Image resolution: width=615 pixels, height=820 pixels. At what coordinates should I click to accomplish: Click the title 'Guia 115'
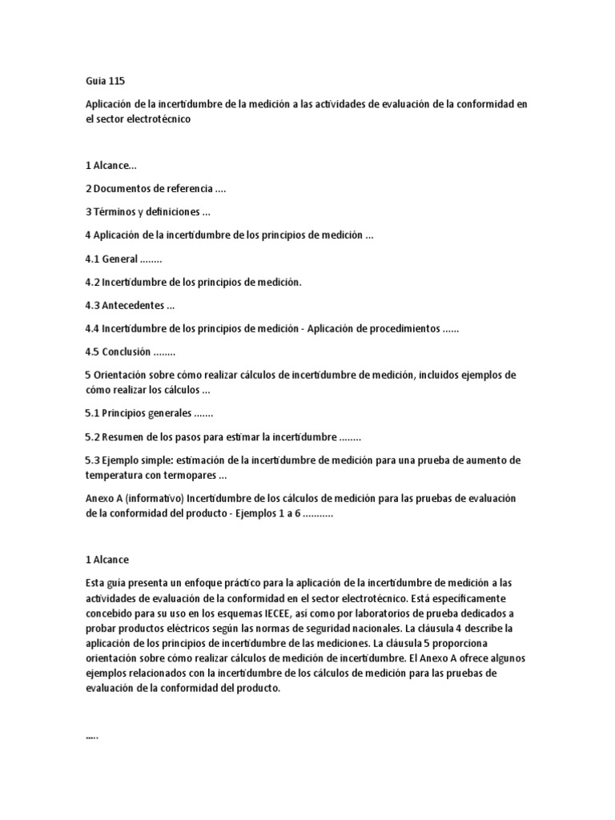coord(105,81)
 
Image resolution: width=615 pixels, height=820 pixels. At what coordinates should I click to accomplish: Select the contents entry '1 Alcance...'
coord(111,166)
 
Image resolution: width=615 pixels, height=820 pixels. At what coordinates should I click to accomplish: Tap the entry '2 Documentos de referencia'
coord(149,189)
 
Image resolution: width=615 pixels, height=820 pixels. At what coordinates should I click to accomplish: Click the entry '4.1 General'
coord(111,259)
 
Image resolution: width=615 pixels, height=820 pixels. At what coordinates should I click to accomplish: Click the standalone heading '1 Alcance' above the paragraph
coord(107,560)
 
